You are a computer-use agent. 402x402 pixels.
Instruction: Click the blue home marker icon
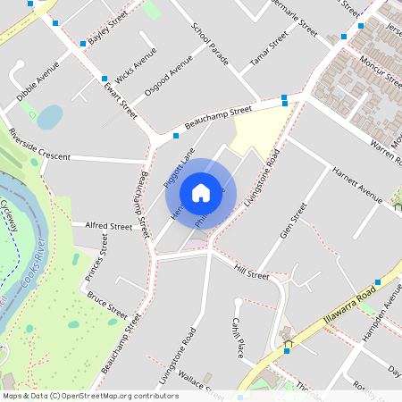click(201, 192)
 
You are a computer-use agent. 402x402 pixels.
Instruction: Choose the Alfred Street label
click(108, 227)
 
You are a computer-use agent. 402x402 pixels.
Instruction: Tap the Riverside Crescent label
click(39, 145)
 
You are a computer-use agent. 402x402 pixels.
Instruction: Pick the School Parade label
click(210, 45)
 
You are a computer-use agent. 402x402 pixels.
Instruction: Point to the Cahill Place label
click(239, 338)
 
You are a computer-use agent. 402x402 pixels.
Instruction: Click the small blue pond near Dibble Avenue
click(50, 116)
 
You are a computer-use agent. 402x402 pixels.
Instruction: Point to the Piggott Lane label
click(179, 168)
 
